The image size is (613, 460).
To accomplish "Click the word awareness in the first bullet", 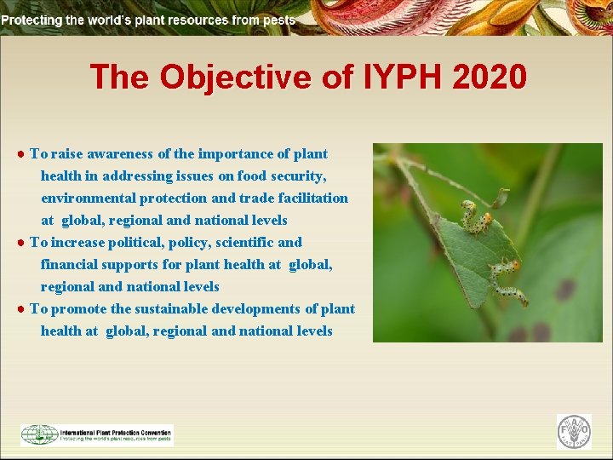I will tap(118, 154).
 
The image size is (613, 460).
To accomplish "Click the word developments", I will tap(260, 309).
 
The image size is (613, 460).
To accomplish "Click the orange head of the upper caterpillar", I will tap(466, 205).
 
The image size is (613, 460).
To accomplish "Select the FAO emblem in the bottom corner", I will tap(574, 432).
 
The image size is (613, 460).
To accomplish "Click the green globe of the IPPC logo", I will tap(38, 434).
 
